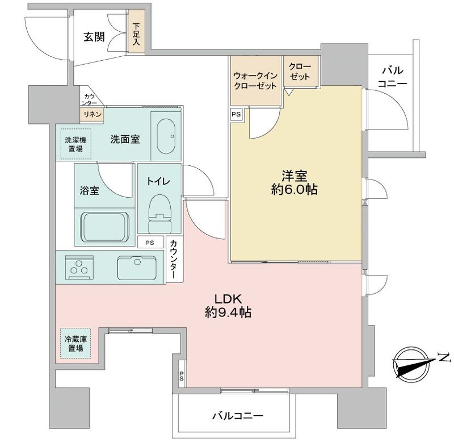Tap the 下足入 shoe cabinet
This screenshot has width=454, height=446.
click(x=137, y=37)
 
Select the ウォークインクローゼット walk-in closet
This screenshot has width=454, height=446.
click(x=255, y=81)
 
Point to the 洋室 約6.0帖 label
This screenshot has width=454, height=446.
click(x=294, y=183)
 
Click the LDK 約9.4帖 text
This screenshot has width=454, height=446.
click(x=229, y=305)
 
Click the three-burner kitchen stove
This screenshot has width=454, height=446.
click(x=80, y=267)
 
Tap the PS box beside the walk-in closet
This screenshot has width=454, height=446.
click(x=236, y=114)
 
